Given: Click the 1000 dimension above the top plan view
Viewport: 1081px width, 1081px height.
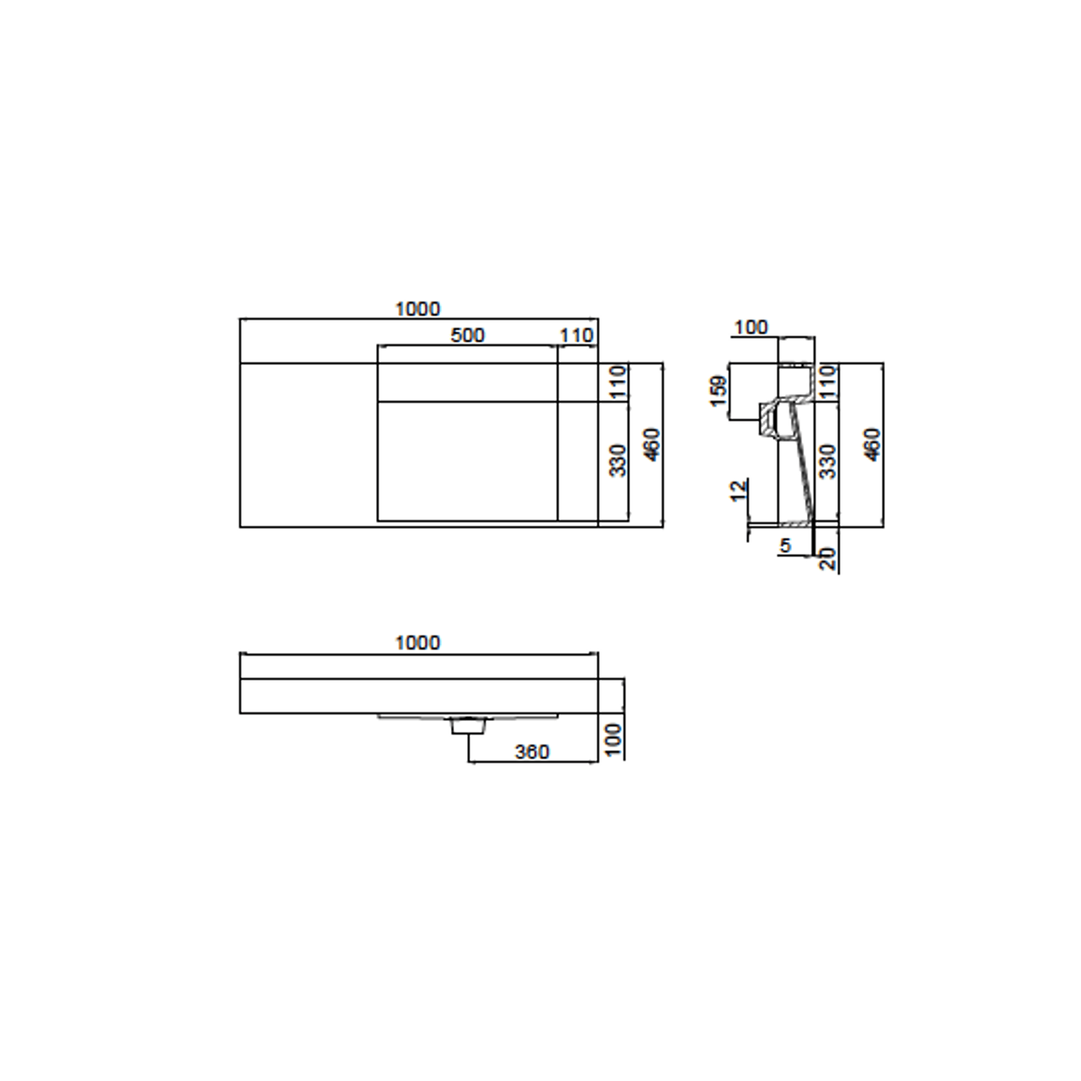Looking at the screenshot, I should (417, 310).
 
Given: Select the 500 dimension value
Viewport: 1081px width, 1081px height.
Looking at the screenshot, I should (467, 336).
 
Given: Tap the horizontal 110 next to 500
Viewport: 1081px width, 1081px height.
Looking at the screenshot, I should (576, 336).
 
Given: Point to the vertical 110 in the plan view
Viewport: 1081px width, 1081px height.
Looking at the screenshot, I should (619, 382).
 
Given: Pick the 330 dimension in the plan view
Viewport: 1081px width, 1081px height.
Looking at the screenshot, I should (619, 461).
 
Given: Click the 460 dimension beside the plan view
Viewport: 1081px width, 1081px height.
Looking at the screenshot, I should (653, 444).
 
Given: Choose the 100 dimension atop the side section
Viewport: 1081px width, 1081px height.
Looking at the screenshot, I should (751, 328).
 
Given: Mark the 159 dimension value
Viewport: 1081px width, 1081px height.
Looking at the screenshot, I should (719, 391).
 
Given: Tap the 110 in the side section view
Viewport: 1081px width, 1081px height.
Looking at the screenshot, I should (828, 382).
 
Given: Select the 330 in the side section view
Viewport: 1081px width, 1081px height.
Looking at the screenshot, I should (828, 461).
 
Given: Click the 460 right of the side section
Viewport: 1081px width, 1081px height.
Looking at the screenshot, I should (872, 444).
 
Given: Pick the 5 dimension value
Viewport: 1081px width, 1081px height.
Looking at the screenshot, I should (785, 546).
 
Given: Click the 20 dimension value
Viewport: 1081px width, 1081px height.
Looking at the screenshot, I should (828, 559).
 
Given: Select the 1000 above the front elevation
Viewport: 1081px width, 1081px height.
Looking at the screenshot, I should (417, 643).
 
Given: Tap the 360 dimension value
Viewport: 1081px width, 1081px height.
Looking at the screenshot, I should (532, 752).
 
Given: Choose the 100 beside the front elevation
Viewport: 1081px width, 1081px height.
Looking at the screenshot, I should (614, 739).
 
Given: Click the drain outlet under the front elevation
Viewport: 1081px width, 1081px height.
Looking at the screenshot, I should (468, 726).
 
